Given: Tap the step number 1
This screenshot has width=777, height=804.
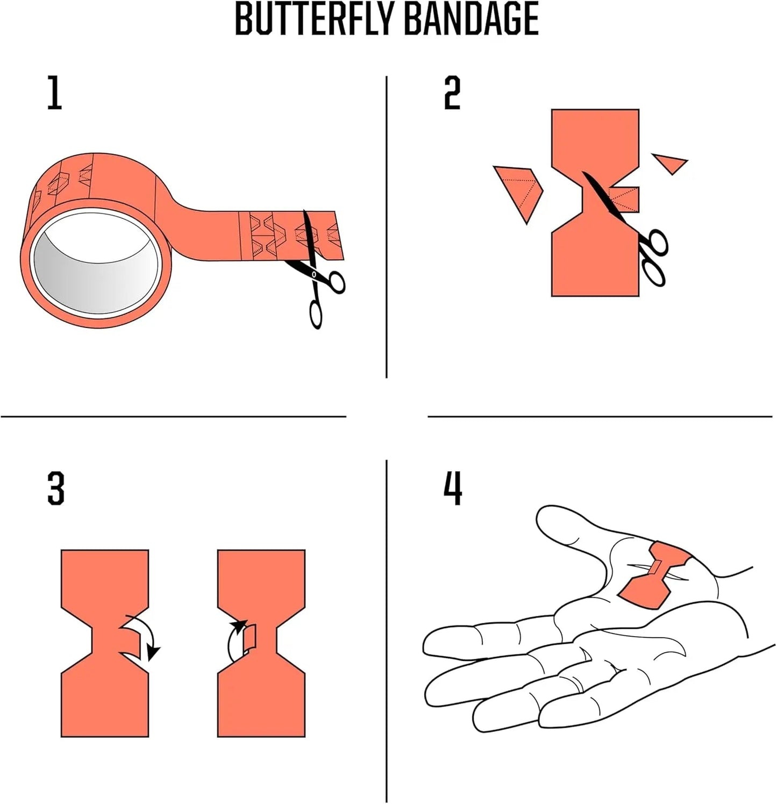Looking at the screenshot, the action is tap(55, 93).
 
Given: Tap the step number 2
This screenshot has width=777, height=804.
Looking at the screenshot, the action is tap(452, 93).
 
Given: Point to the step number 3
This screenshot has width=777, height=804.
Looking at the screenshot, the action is tap(56, 488).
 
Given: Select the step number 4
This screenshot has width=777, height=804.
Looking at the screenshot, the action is tap(453, 488).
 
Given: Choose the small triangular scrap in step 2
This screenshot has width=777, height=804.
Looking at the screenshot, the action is tap(669, 163).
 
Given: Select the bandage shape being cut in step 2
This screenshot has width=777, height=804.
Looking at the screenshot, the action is tap(595, 203).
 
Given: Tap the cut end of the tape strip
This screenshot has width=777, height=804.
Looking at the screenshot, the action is tap(338, 235).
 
